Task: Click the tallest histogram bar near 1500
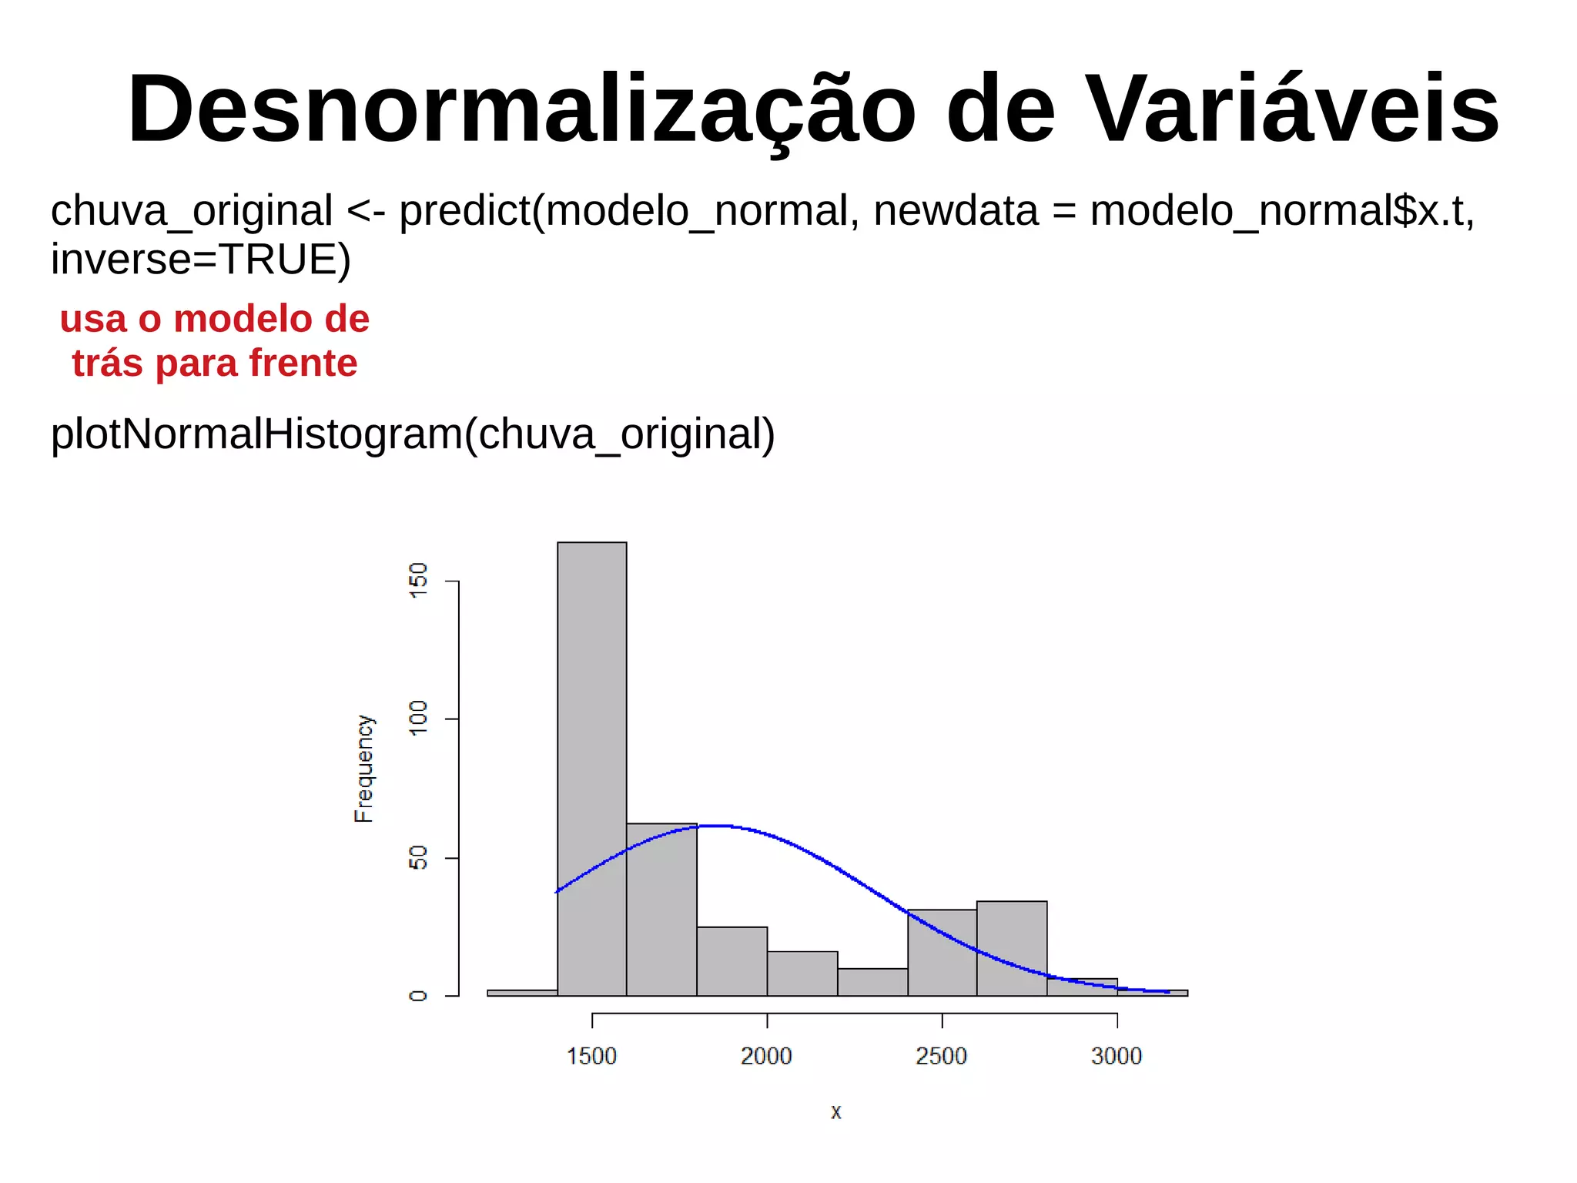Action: pyautogui.click(x=591, y=770)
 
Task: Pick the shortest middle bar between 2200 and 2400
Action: pyautogui.click(x=872, y=982)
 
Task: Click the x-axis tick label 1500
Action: pyautogui.click(x=591, y=1056)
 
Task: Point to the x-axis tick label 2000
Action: pyautogui.click(x=766, y=1056)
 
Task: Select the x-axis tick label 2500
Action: pyautogui.click(x=941, y=1056)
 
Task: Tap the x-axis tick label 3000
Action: pyautogui.click(x=1116, y=1056)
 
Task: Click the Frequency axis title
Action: pyautogui.click(x=363, y=769)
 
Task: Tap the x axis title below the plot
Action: pyautogui.click(x=836, y=1112)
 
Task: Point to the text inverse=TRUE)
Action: pyautogui.click(x=201, y=260)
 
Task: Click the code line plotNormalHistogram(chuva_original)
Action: pyautogui.click(x=413, y=434)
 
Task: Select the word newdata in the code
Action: pyautogui.click(x=955, y=210)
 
